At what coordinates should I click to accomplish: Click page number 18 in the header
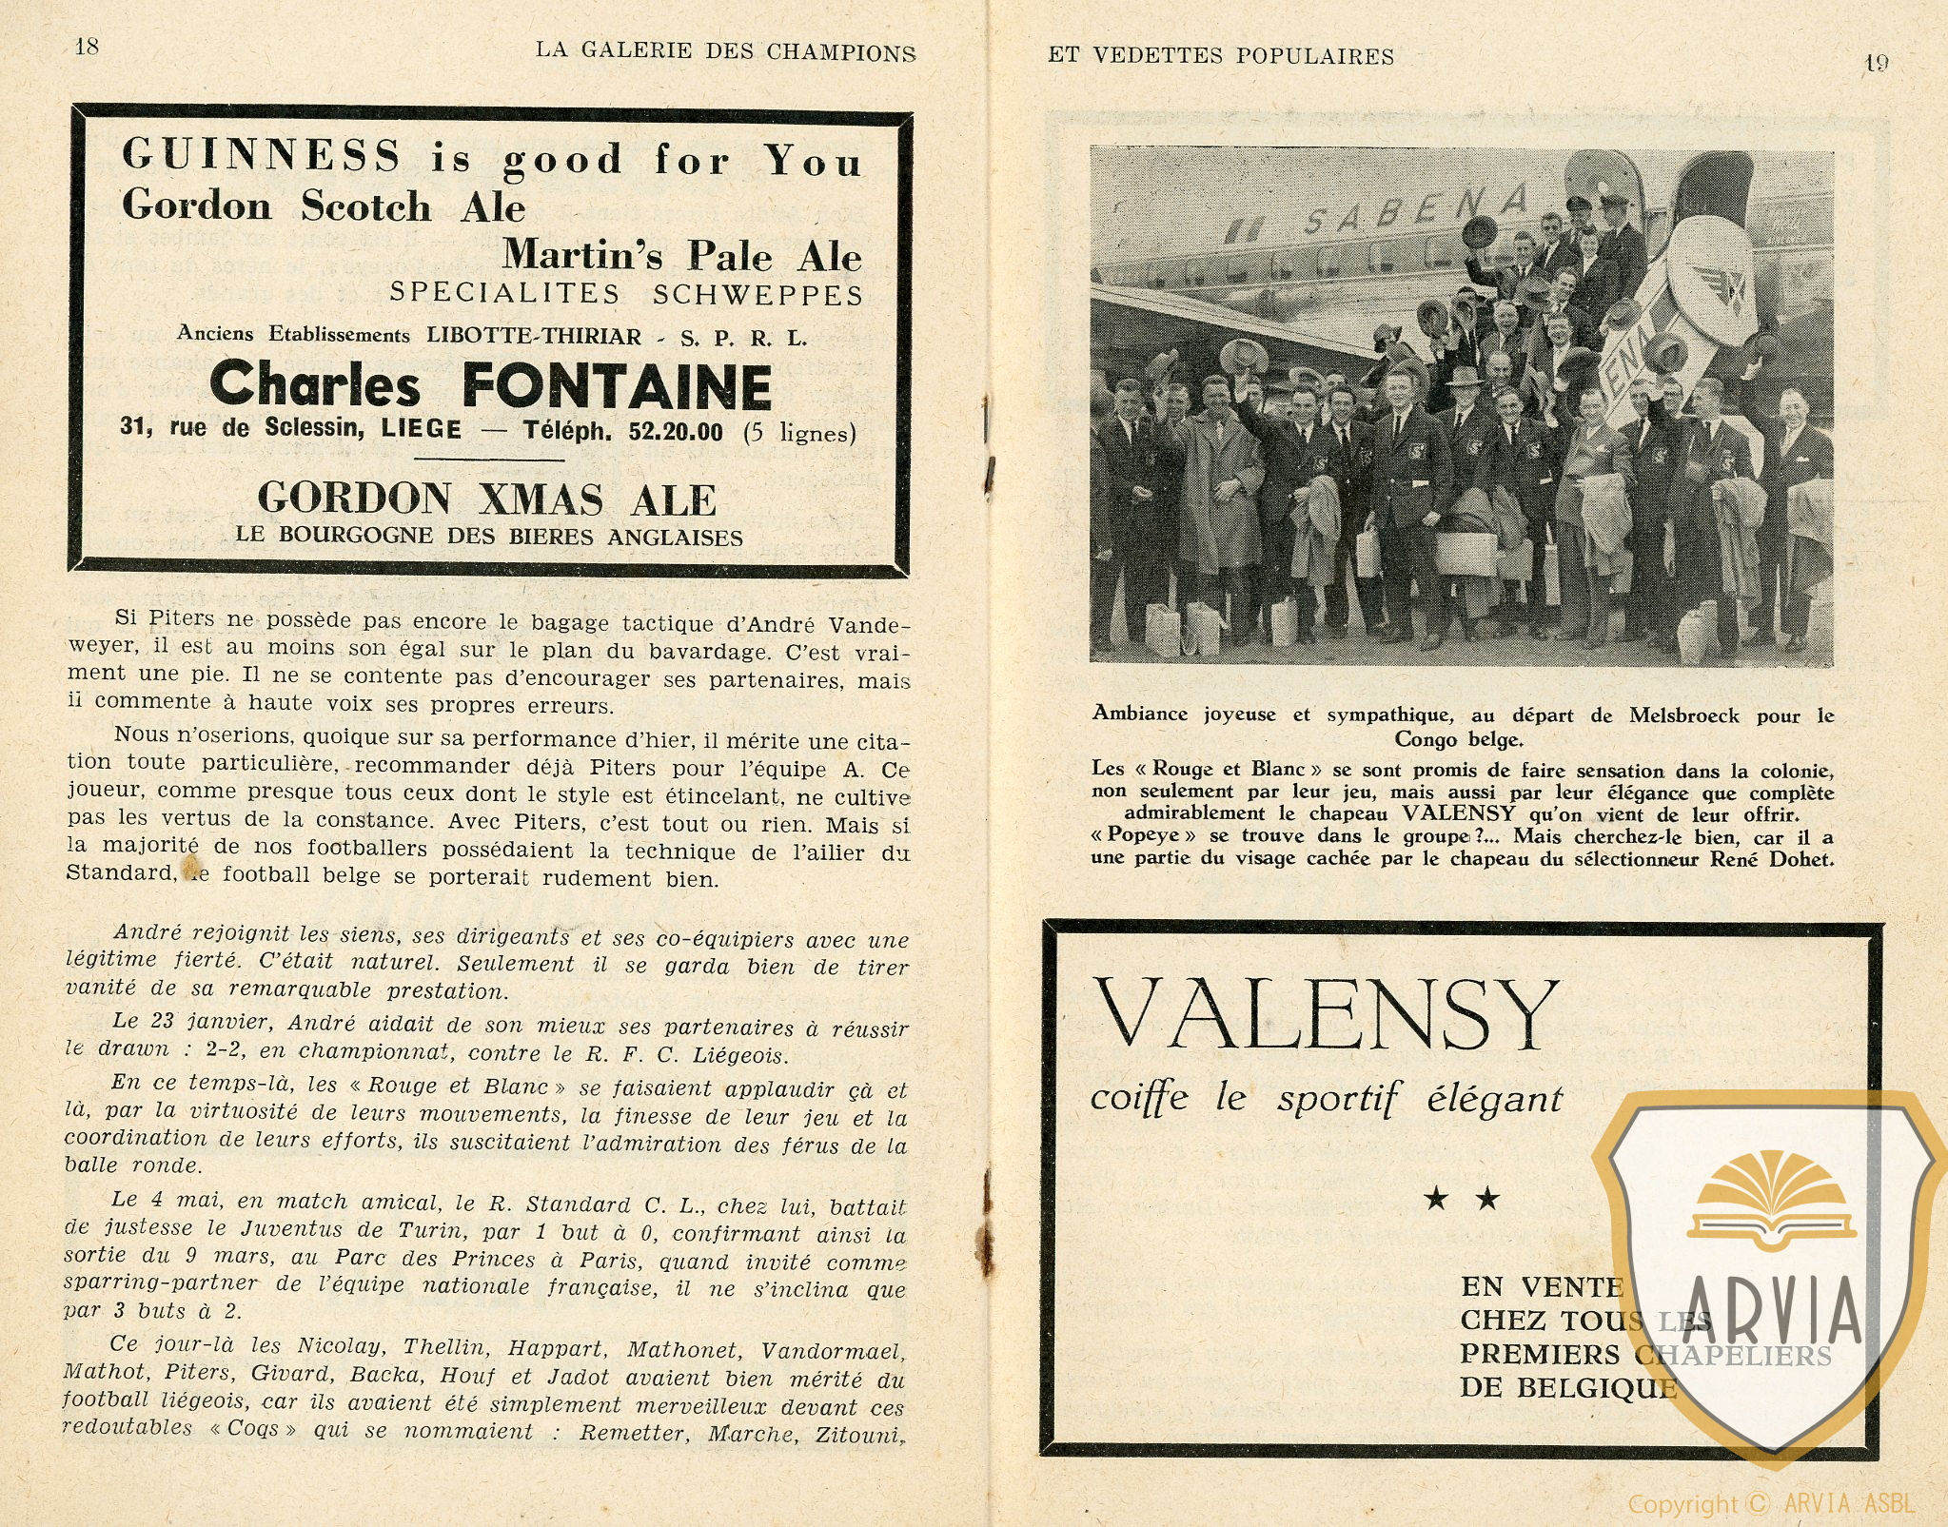coord(87,47)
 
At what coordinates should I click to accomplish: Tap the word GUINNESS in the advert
coord(262,155)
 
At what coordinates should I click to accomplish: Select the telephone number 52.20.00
coord(675,432)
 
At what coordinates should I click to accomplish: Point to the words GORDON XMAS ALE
coord(486,499)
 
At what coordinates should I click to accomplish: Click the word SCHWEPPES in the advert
coord(758,295)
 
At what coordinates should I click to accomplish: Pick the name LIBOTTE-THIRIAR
coord(534,336)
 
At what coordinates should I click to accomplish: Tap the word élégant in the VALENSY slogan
coord(1494,1100)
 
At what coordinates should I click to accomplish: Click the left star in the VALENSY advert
coord(1436,1199)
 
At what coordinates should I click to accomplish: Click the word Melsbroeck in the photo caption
coord(1683,715)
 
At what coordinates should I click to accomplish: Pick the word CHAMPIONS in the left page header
coord(841,53)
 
